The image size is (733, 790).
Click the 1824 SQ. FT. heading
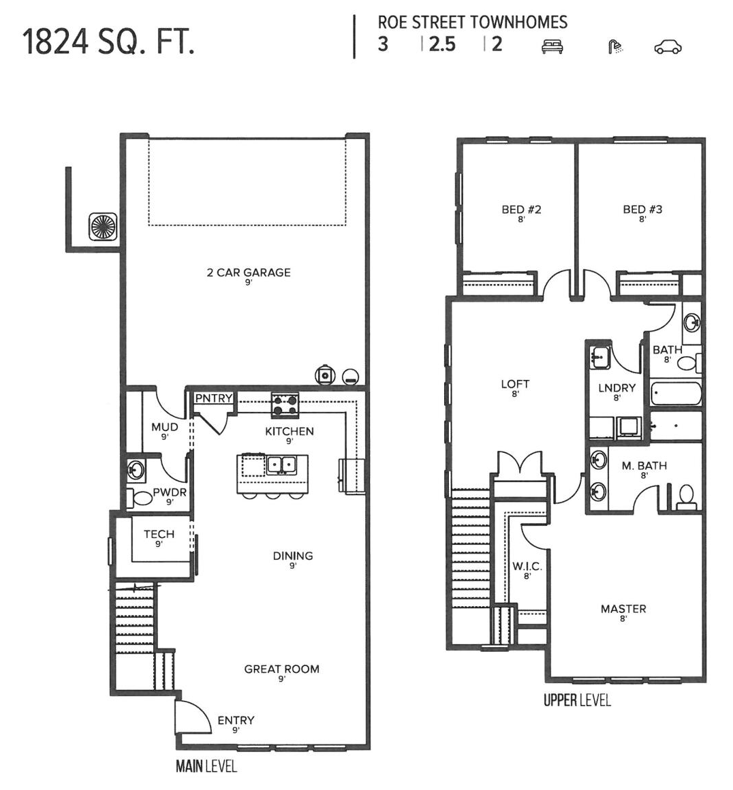coord(109,42)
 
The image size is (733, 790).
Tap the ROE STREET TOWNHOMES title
coord(472,22)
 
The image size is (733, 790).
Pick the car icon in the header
coord(668,46)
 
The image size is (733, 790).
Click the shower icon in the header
coord(615,46)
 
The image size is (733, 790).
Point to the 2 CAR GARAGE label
coord(249,272)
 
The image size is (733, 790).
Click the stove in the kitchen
coord(285,405)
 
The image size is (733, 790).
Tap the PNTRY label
coord(214,398)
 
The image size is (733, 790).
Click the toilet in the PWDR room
coord(142,498)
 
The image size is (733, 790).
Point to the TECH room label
coord(159,535)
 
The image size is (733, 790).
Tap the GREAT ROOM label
coord(281,669)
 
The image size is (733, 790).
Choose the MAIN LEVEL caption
coord(206,766)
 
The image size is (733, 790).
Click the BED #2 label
coord(521,210)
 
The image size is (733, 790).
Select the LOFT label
coord(515,384)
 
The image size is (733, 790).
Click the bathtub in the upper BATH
coord(675,394)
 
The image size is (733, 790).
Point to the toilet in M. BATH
coord(686,496)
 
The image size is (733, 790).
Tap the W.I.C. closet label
coord(527,567)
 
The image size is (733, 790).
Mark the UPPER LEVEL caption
coord(577,700)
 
